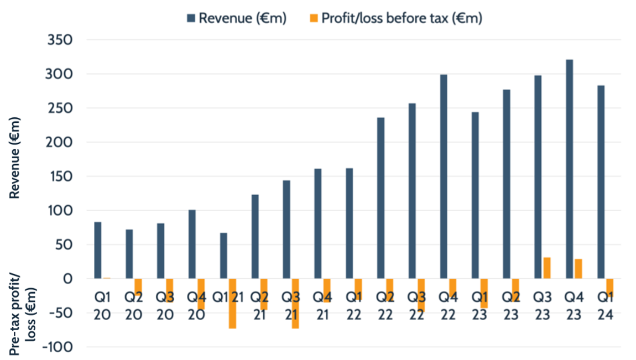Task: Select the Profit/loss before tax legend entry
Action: [x=395, y=18]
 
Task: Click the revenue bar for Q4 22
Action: [x=444, y=177]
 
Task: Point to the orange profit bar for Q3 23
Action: [x=547, y=268]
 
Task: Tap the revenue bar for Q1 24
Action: [x=601, y=182]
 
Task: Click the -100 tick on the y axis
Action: [x=59, y=347]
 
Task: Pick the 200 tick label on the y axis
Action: [x=62, y=142]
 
